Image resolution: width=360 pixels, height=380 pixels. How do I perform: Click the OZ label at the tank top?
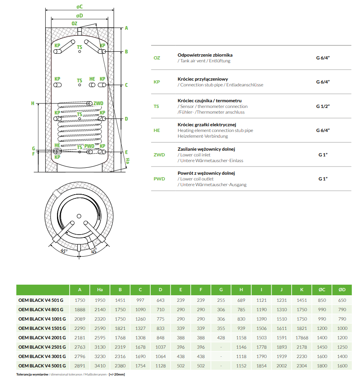74,24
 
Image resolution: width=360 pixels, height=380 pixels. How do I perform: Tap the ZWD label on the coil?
98,103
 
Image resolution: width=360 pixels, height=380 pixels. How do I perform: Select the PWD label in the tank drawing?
89,146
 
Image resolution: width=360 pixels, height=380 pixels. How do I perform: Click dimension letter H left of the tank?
33,103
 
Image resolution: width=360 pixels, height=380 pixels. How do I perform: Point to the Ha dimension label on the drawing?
127,161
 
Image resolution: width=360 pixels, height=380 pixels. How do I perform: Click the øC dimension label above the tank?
79,6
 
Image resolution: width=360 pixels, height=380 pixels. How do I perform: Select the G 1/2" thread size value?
323,106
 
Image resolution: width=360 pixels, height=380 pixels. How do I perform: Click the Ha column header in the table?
100,290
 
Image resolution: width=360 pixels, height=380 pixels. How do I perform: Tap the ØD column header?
342,290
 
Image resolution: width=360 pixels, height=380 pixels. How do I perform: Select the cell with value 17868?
302,338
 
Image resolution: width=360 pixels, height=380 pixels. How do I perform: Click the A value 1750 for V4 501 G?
80,300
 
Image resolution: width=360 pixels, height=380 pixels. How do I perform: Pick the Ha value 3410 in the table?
100,366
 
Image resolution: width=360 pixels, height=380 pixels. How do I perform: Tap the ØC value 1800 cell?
322,366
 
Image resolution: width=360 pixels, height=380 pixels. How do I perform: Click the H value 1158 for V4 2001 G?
241,338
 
